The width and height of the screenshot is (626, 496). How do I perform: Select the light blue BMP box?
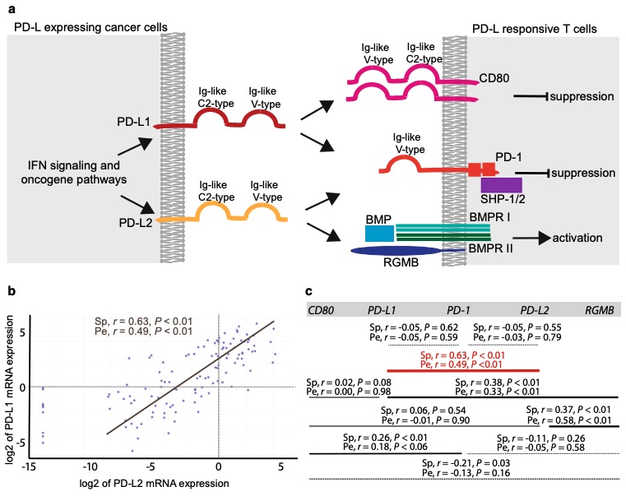379,233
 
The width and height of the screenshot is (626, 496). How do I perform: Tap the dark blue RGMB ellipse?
400,253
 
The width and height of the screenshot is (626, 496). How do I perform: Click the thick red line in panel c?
462,370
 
